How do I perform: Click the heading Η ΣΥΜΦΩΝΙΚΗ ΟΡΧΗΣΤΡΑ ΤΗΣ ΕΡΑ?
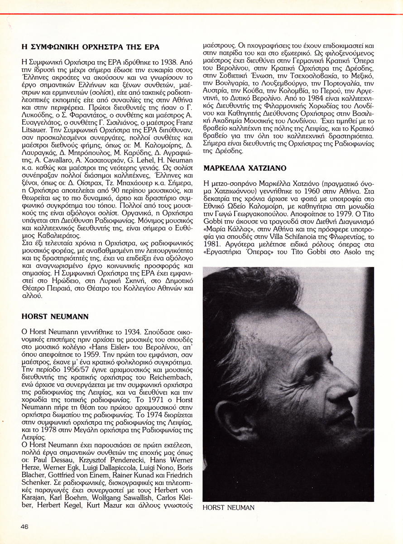tap(91, 47)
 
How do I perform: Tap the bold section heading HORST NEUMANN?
tap(55, 316)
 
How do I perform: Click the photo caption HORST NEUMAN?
tap(229, 507)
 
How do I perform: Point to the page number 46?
tap(24, 526)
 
